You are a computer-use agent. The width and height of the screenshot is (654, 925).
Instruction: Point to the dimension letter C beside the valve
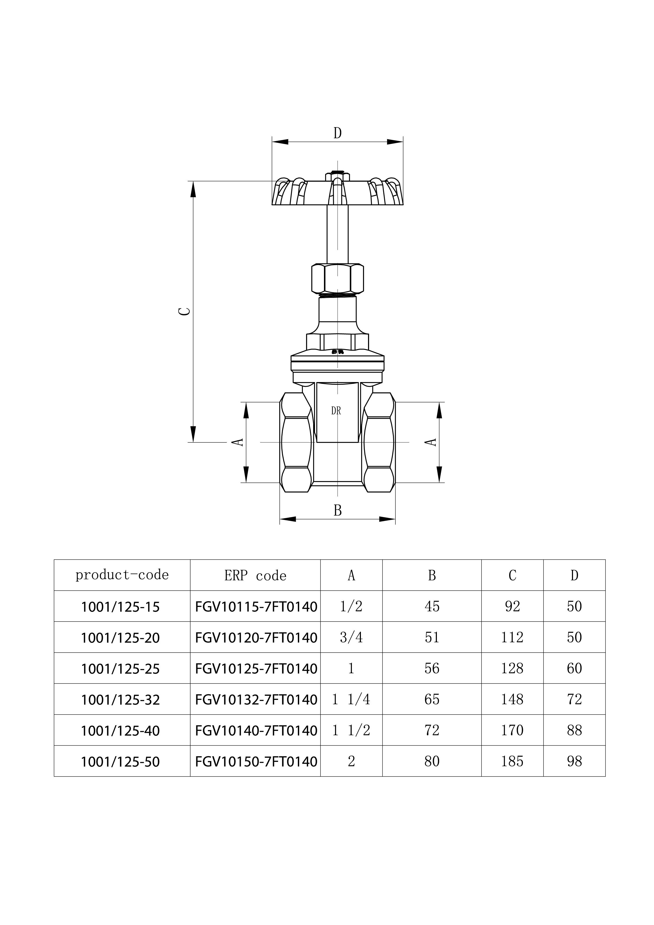[185, 311]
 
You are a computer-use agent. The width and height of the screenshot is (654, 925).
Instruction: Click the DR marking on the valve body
[336, 411]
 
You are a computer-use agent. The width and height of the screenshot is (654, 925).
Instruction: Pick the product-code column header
[122, 575]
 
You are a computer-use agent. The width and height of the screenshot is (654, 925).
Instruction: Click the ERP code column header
[255, 576]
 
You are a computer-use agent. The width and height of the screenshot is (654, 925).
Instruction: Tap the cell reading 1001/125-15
[121, 607]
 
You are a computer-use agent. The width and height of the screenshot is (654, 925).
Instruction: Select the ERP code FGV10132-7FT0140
[256, 700]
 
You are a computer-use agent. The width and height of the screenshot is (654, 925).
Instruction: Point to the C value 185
[512, 762]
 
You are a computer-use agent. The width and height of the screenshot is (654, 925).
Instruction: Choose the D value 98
[574, 762]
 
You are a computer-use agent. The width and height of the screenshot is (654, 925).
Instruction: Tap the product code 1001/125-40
[121, 731]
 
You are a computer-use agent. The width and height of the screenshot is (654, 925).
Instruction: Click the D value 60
[574, 668]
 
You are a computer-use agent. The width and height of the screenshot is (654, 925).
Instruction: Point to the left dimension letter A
[238, 442]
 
